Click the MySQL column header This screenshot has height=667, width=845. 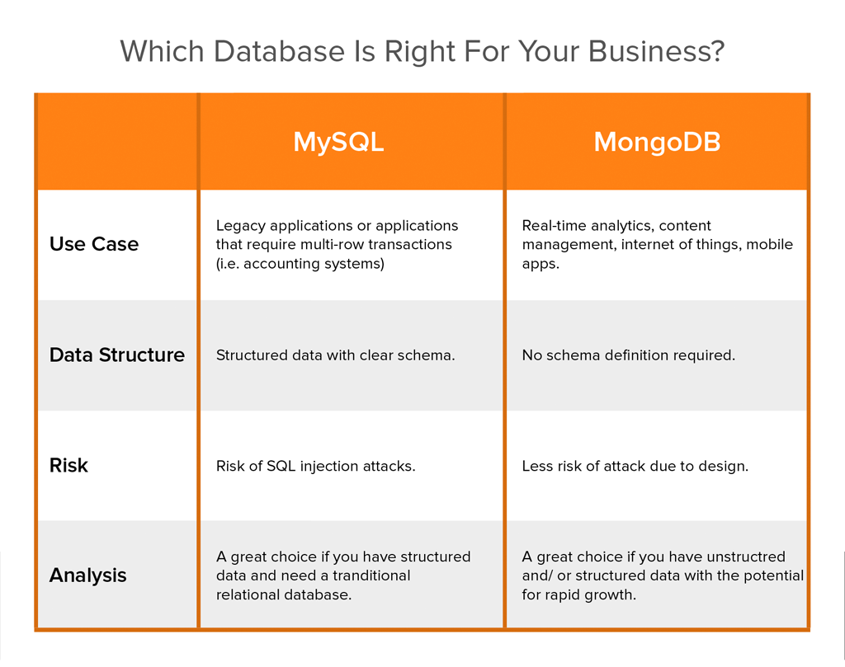click(338, 142)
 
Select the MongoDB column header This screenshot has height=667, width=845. click(657, 142)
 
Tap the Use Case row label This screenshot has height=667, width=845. click(94, 244)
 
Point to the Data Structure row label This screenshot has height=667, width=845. click(117, 355)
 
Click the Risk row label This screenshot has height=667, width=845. click(68, 466)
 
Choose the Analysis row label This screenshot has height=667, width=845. click(87, 575)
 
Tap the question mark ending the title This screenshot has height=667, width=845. click(716, 51)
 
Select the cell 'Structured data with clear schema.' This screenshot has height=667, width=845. click(335, 355)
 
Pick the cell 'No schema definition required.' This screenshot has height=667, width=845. click(628, 355)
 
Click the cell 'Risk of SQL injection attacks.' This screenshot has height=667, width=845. click(315, 466)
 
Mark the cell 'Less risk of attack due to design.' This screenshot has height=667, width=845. click(635, 466)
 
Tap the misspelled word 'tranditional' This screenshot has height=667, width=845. click(369, 575)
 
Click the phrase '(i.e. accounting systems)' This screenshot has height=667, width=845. click(300, 264)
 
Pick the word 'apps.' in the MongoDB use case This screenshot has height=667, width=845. click(541, 264)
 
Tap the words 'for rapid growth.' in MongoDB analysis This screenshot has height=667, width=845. click(578, 594)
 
